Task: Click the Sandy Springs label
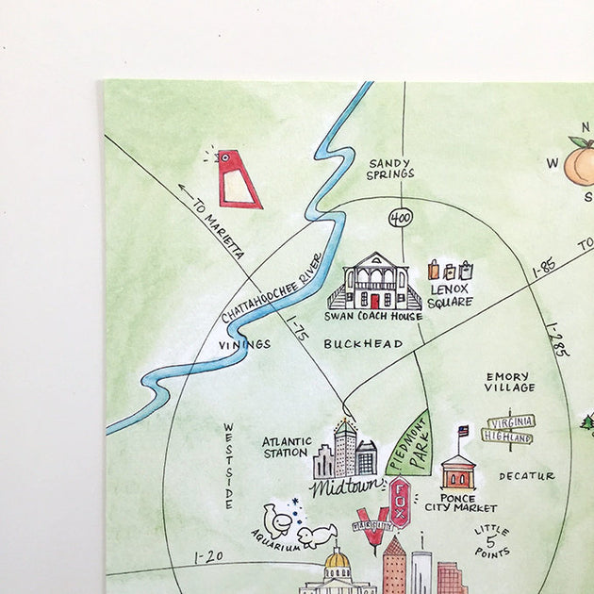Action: tap(391, 168)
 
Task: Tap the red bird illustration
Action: tap(236, 179)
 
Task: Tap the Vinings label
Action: tap(243, 344)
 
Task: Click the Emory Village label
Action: tap(509, 381)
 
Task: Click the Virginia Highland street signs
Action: tap(509, 429)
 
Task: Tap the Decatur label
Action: tap(527, 476)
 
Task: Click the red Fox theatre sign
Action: tap(400, 495)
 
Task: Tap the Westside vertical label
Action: tap(228, 466)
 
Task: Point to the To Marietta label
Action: tap(218, 229)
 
